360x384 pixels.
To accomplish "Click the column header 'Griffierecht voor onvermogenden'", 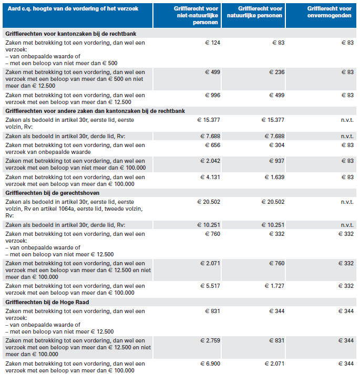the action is tap(329, 12).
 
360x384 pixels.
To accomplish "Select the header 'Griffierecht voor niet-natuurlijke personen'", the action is tap(196, 15).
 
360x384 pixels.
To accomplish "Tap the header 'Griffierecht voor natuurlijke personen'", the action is tap(254, 12).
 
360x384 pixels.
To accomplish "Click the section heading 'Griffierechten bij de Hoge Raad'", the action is tap(47, 302).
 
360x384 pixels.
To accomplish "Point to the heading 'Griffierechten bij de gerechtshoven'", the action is tap(53, 193).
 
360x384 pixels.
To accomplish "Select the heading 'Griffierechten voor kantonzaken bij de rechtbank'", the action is tap(71, 34).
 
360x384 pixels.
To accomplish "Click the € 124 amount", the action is tap(212, 43).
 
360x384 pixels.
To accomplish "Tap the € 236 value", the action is tap(276, 72).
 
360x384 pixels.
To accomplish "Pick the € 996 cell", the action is tap(212, 95).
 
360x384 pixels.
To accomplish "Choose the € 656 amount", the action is tap(212, 145).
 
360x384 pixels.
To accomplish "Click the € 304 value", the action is tap(276, 145).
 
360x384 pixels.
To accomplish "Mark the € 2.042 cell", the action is tap(210, 161).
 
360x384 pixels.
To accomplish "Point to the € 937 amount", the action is tap(276, 161).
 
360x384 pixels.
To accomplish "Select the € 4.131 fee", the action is tap(210, 177).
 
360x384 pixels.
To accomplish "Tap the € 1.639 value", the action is tap(274, 177).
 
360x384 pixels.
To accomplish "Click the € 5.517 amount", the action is tap(210, 286).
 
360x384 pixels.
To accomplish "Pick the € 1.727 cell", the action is tap(274, 286).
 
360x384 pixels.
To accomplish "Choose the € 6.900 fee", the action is tap(210, 364).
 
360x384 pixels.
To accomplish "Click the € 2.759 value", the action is tap(210, 340).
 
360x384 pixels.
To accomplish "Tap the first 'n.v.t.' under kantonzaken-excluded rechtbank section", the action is tap(347, 120).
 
